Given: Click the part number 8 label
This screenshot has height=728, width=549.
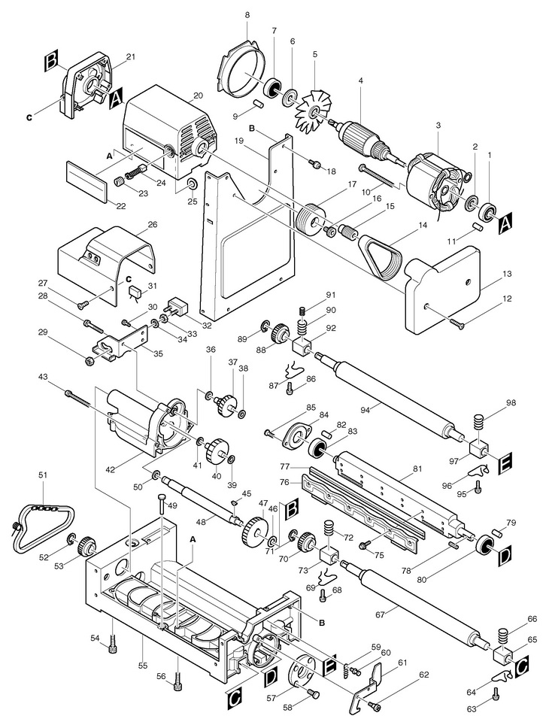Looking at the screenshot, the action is click(x=247, y=15).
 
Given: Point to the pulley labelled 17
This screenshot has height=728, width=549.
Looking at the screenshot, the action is click(x=311, y=218).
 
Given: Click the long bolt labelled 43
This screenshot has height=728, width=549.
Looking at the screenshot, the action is click(x=78, y=397).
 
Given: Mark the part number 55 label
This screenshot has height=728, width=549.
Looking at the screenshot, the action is click(x=142, y=666).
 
